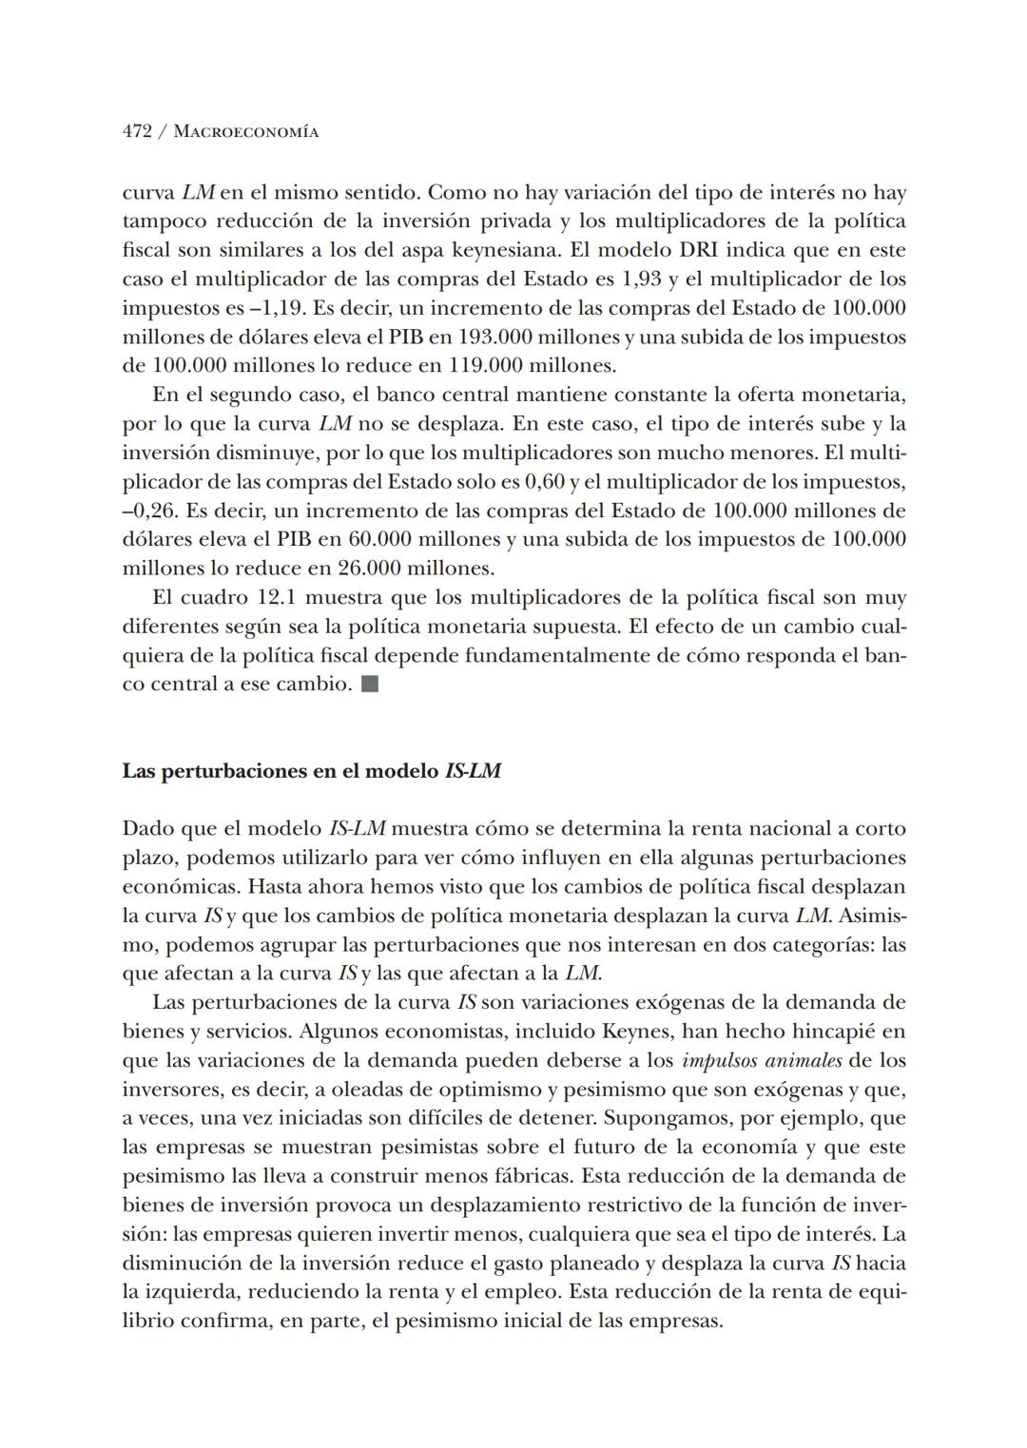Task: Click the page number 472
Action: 137,132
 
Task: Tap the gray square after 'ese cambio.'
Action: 370,685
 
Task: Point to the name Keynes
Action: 636,1032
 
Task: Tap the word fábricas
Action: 535,1176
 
